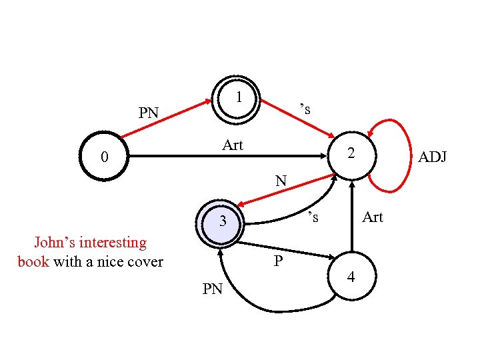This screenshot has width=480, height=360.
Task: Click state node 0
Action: pos(103,157)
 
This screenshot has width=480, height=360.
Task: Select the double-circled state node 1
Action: pos(237,99)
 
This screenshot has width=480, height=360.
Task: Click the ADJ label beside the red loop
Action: pos(432,157)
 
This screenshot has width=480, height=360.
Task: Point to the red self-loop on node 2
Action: pos(401,153)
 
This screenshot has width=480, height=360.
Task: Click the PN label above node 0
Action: pos(148,113)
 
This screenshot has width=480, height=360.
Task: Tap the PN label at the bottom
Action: pos(213,289)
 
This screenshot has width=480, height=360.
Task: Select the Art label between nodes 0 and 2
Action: pos(233,145)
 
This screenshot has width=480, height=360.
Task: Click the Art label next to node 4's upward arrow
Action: pos(373,217)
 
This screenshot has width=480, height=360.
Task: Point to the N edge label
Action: pos(281,181)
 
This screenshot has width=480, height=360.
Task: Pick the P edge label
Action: pos(278,261)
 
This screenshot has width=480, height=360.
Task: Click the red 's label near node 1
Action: pos(305,108)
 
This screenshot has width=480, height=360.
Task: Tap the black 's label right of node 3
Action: pos(313,216)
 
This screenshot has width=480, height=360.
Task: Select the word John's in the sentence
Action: pos(53,242)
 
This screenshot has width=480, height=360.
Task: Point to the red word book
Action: pos(33,261)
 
